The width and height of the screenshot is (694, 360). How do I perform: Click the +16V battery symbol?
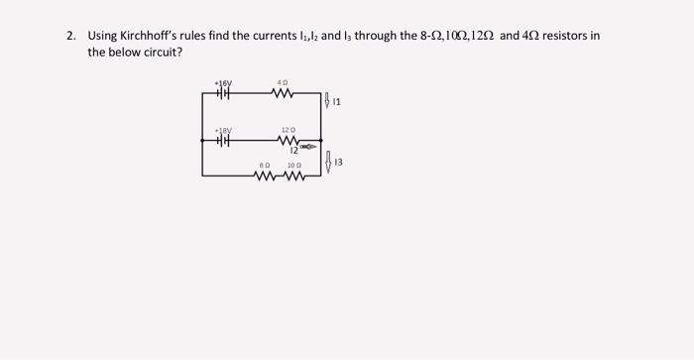click(x=224, y=94)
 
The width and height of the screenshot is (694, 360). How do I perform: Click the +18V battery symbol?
click(x=224, y=141)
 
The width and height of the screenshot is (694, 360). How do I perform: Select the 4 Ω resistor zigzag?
click(x=283, y=94)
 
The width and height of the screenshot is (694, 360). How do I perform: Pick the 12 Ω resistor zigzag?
click(x=289, y=141)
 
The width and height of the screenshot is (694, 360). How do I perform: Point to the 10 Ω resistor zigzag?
click(x=294, y=177)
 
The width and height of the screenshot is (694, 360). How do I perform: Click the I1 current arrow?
click(x=328, y=99)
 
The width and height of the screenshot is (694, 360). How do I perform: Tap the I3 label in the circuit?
click(x=339, y=162)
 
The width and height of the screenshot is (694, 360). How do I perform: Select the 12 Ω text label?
click(x=288, y=130)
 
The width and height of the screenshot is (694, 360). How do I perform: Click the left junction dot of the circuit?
click(x=203, y=141)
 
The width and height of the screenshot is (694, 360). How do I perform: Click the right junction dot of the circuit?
click(x=320, y=141)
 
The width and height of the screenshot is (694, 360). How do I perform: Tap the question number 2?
click(x=70, y=36)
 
